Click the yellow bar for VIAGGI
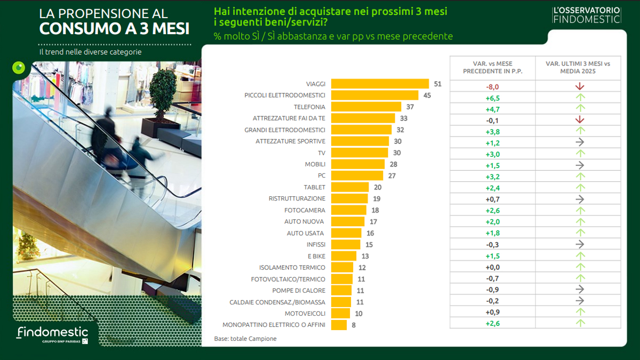click(x=380, y=84)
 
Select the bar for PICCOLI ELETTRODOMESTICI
click(x=374, y=95)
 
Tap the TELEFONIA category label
click(x=309, y=107)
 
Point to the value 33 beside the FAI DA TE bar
click(x=403, y=118)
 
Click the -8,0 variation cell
click(x=492, y=86)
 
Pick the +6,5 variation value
click(x=492, y=98)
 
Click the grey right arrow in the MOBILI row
click(x=580, y=165)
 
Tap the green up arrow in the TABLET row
click(x=580, y=188)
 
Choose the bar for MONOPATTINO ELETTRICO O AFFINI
click(x=339, y=324)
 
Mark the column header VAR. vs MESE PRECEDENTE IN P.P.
click(x=492, y=67)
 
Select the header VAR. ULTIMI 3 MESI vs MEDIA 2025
click(x=578, y=67)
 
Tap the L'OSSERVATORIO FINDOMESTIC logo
click(x=587, y=15)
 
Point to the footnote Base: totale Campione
click(x=245, y=339)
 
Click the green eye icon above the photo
click(x=19, y=68)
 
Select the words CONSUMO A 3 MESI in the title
click(x=114, y=28)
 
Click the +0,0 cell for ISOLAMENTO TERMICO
click(x=492, y=267)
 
